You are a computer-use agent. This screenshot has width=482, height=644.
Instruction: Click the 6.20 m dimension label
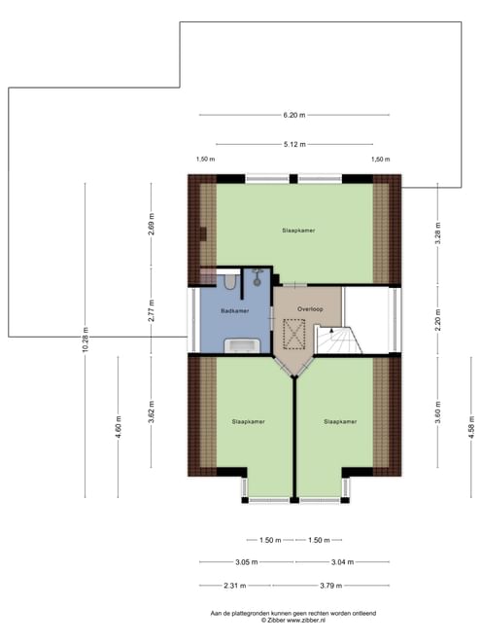click(x=294, y=115)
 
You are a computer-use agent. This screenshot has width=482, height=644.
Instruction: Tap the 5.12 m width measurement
click(x=294, y=144)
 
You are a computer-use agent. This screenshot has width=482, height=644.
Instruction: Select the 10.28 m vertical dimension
click(x=85, y=340)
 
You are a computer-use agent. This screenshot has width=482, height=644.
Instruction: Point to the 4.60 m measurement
click(x=119, y=427)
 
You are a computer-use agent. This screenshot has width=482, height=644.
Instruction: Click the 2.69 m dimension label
click(x=152, y=225)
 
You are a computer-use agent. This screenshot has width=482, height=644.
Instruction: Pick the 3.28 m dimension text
click(x=437, y=233)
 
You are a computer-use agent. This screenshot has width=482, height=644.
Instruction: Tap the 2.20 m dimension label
click(x=437, y=320)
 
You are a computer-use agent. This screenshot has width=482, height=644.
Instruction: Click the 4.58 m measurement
click(x=471, y=427)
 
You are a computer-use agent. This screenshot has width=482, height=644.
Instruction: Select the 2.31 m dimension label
click(x=235, y=586)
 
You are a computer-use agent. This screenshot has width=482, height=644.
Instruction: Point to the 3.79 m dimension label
click(x=330, y=586)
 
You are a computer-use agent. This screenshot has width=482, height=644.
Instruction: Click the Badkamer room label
click(x=234, y=311)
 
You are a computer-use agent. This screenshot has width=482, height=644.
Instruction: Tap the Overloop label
click(x=310, y=308)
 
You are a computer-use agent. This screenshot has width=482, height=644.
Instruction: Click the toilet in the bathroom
click(x=230, y=282)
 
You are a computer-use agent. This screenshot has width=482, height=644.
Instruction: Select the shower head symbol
click(x=258, y=277)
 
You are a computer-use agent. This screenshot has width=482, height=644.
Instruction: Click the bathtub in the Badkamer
click(x=242, y=345)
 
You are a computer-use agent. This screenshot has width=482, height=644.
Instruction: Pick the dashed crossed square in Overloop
click(x=294, y=335)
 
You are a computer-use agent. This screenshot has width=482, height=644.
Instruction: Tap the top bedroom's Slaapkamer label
click(x=298, y=231)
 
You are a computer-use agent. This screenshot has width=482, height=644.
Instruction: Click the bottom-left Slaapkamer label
click(x=248, y=421)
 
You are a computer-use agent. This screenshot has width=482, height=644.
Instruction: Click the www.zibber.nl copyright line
click(x=293, y=621)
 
